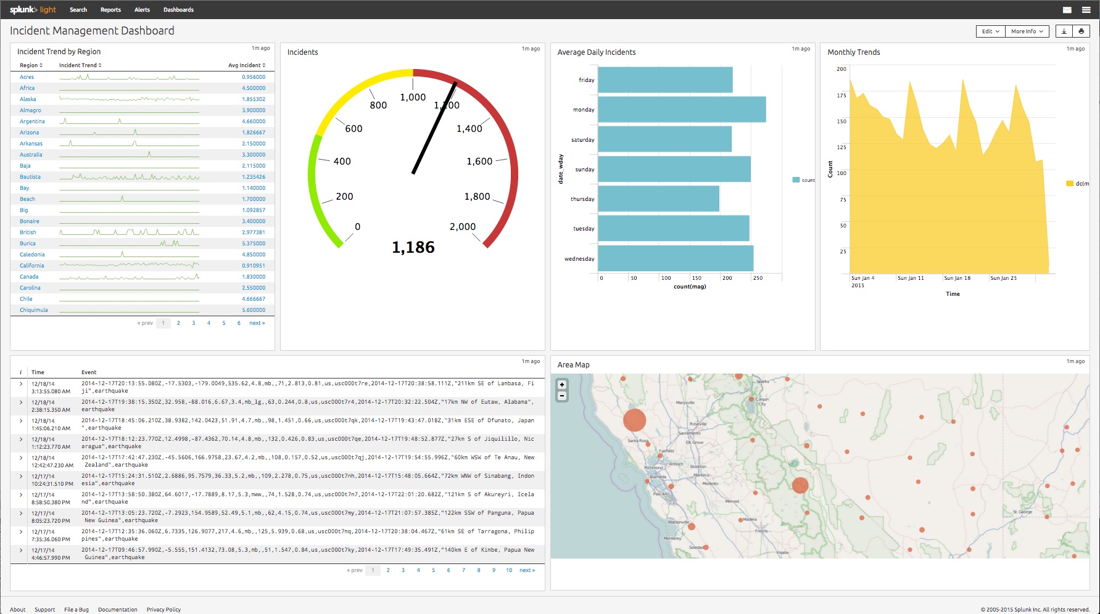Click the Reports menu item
(110, 10)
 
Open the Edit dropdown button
(990, 31)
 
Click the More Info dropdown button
(1027, 31)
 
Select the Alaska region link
(28, 99)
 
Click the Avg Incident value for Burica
(254, 244)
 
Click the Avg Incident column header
(246, 65)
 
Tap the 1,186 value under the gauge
(413, 248)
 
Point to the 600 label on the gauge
(354, 129)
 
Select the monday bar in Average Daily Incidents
(682, 110)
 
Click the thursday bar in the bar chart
(658, 199)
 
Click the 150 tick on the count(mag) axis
(697, 278)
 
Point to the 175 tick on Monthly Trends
(842, 96)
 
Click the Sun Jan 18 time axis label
(957, 278)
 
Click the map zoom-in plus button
(562, 385)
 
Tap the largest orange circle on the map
(634, 420)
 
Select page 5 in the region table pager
(223, 323)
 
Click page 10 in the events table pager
(509, 570)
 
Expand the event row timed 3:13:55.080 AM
(21, 384)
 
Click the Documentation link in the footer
(117, 610)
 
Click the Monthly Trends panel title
(853, 52)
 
